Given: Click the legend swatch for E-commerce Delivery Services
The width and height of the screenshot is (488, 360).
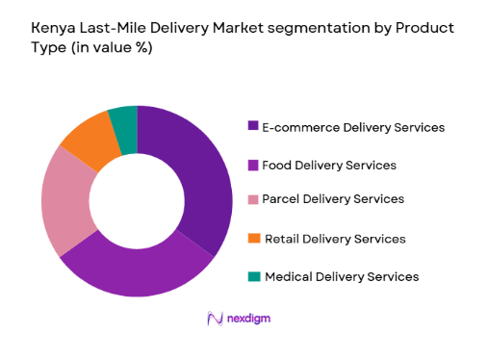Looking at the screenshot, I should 253,126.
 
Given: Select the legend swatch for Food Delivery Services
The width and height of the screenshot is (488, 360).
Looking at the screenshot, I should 253,165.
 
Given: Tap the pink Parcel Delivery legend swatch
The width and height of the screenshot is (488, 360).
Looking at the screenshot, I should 253,199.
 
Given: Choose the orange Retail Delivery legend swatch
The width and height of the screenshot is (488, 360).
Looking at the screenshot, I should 253,238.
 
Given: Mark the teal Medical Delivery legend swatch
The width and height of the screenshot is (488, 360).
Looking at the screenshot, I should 253,276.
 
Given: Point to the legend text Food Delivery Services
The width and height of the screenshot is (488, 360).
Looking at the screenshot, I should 328,165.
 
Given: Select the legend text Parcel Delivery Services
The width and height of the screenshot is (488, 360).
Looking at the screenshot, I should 332,199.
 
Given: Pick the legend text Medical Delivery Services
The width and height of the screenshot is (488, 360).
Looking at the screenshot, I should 341,276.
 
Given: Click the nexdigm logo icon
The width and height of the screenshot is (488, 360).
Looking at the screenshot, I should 215,319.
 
